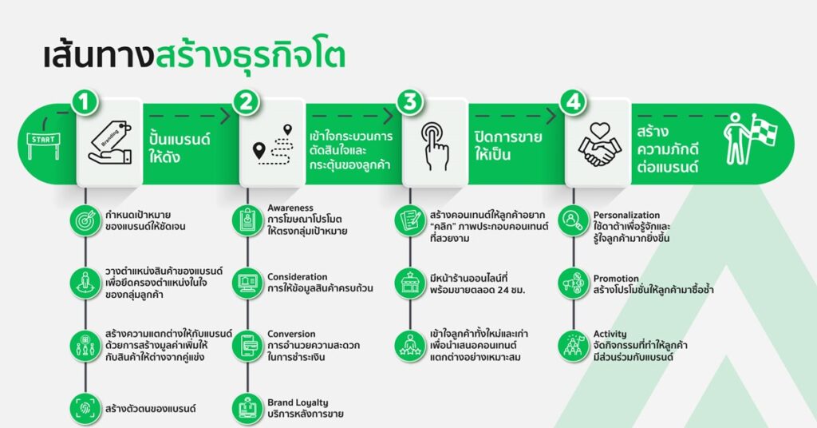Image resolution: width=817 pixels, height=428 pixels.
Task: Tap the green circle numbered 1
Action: tap(84, 102)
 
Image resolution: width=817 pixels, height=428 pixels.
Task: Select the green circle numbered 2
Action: tap(247, 102)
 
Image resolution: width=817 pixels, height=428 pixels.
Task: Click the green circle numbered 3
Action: tap(409, 102)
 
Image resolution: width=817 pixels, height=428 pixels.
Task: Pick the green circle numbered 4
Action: tap(573, 102)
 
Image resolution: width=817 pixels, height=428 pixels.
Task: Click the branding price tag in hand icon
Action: tap(110, 144)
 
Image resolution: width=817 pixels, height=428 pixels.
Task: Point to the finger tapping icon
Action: tap(435, 146)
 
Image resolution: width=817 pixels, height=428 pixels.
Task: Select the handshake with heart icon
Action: tap(599, 145)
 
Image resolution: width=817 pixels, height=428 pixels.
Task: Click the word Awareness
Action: tap(290, 208)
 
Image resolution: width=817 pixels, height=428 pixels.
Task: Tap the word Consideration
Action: tap(298, 277)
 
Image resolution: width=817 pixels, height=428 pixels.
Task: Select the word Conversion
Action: tap(291, 334)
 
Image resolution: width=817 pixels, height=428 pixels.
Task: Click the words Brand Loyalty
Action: tap(298, 402)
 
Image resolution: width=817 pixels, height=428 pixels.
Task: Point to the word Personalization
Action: tap(626, 215)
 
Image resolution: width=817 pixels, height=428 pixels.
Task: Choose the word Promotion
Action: tap(616, 279)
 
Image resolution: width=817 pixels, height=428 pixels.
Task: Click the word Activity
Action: tap(610, 334)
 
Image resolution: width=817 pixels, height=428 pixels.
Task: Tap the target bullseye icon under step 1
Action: tap(85, 221)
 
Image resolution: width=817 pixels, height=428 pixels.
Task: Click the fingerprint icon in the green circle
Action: tap(85, 409)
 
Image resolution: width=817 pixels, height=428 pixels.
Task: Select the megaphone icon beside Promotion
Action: tap(574, 284)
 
